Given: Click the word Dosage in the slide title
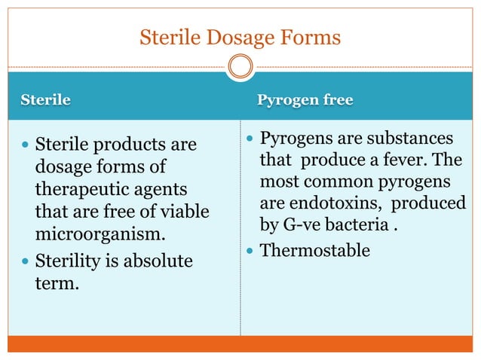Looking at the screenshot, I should (x=232, y=36).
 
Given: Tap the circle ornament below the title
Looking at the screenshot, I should (x=240, y=66).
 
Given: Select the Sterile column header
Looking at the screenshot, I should (x=45, y=100).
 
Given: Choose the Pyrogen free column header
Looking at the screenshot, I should (x=305, y=100).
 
